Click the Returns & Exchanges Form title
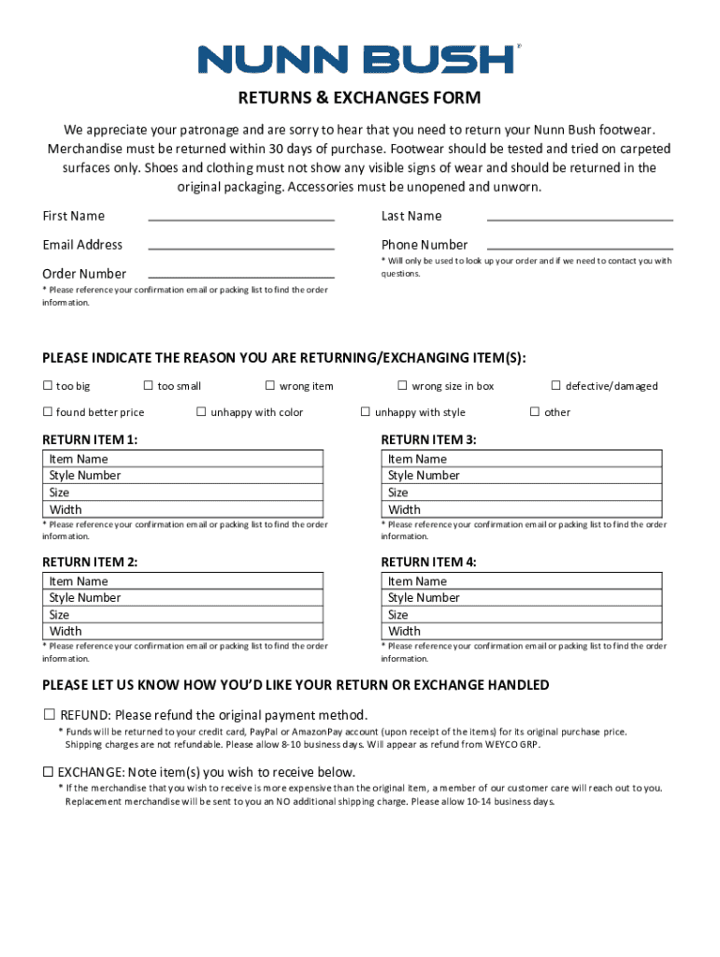click(359, 98)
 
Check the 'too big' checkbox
click(48, 386)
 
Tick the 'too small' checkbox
click(148, 386)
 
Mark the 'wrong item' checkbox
click(270, 386)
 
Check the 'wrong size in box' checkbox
click(403, 386)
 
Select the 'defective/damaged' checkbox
click(556, 386)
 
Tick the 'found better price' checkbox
click(48, 412)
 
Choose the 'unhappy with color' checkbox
click(201, 412)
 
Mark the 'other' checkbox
click(535, 412)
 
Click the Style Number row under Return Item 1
click(184, 476)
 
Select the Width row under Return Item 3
click(524, 509)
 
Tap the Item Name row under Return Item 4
click(524, 581)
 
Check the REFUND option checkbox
click(49, 715)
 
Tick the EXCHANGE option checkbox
click(48, 772)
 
